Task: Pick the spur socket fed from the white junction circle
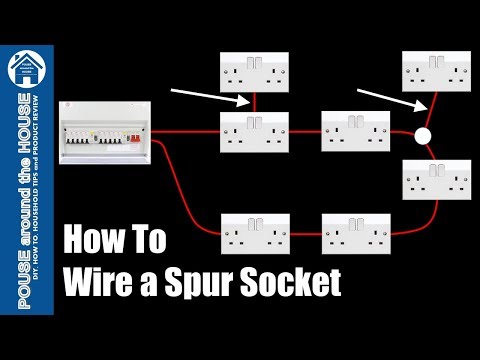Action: (x=436, y=71)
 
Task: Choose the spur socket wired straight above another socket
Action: (x=253, y=72)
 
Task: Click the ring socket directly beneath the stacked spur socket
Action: (x=253, y=131)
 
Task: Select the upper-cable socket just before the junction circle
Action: (x=355, y=131)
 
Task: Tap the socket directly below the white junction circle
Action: (x=435, y=180)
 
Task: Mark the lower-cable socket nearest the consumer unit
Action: (x=253, y=232)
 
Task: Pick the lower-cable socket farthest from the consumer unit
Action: (x=355, y=232)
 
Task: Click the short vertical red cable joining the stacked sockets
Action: (x=254, y=101)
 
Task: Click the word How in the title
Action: (x=94, y=241)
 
